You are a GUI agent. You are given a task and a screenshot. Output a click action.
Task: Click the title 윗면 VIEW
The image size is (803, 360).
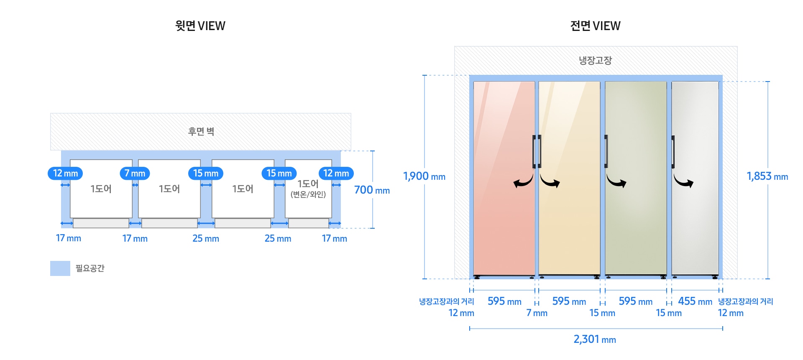[200, 26]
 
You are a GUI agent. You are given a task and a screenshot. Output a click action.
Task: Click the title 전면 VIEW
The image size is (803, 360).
[595, 26]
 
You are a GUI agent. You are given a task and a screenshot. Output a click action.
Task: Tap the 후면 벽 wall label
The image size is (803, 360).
[201, 132]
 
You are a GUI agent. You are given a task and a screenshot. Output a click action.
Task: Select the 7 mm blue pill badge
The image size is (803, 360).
[135, 173]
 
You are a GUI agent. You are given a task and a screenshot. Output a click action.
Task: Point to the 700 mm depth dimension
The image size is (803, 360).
[372, 190]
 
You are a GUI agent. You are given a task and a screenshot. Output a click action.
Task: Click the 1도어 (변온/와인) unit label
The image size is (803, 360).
[308, 189]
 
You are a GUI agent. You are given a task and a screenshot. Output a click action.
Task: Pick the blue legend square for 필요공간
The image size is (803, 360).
[60, 268]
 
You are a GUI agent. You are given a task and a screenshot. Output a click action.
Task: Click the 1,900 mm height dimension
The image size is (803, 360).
[424, 176]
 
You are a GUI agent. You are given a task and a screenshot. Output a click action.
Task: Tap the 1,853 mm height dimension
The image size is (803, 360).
[767, 176]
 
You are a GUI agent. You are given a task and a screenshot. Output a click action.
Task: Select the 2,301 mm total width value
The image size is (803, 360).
[595, 339]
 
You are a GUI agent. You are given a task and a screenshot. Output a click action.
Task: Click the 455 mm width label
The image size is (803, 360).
[695, 301]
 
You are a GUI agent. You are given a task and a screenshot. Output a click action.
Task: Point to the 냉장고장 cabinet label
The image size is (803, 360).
[595, 61]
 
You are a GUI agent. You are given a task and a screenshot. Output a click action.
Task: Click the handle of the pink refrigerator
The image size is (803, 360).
[534, 151]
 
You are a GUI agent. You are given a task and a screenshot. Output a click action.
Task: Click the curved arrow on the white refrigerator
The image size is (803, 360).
[683, 181]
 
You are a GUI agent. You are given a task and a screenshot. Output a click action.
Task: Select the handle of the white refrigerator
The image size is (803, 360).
[673, 151]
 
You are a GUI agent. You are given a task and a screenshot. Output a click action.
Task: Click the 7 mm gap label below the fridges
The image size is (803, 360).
[537, 313]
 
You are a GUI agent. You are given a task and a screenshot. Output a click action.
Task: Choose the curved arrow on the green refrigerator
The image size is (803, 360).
[616, 181]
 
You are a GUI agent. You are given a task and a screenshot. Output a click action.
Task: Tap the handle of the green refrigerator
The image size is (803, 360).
[606, 151]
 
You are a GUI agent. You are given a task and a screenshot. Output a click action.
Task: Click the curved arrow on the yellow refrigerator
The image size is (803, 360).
[550, 181]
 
